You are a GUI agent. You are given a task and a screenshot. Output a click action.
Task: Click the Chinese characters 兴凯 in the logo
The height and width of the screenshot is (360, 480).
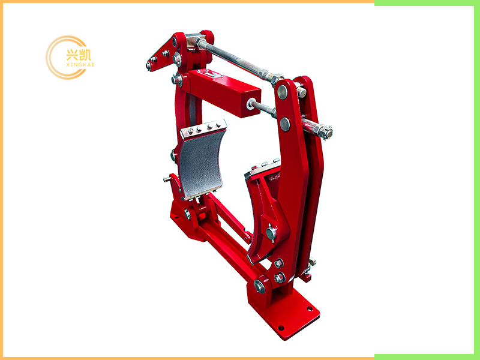(79, 55)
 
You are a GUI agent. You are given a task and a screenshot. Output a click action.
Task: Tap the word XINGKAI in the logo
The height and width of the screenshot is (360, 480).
(80, 65)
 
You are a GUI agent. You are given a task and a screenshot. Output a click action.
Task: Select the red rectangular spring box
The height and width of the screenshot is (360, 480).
(224, 92)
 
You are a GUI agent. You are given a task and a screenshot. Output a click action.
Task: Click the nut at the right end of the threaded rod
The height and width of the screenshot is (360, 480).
(326, 132)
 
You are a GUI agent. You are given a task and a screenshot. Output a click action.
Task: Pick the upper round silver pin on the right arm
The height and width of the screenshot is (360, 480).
(282, 92)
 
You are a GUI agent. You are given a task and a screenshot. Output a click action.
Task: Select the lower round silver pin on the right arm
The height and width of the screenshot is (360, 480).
(285, 124)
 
